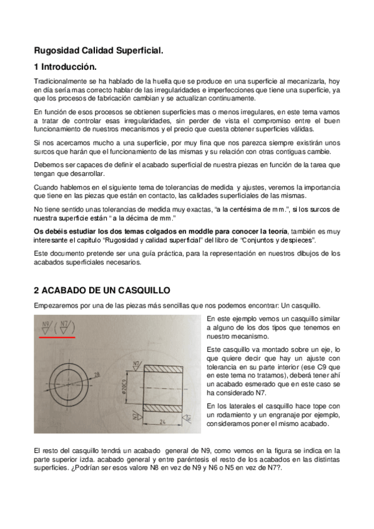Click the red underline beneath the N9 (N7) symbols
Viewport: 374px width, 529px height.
tap(57, 337)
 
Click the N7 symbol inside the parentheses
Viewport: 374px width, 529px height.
tap(66, 327)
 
